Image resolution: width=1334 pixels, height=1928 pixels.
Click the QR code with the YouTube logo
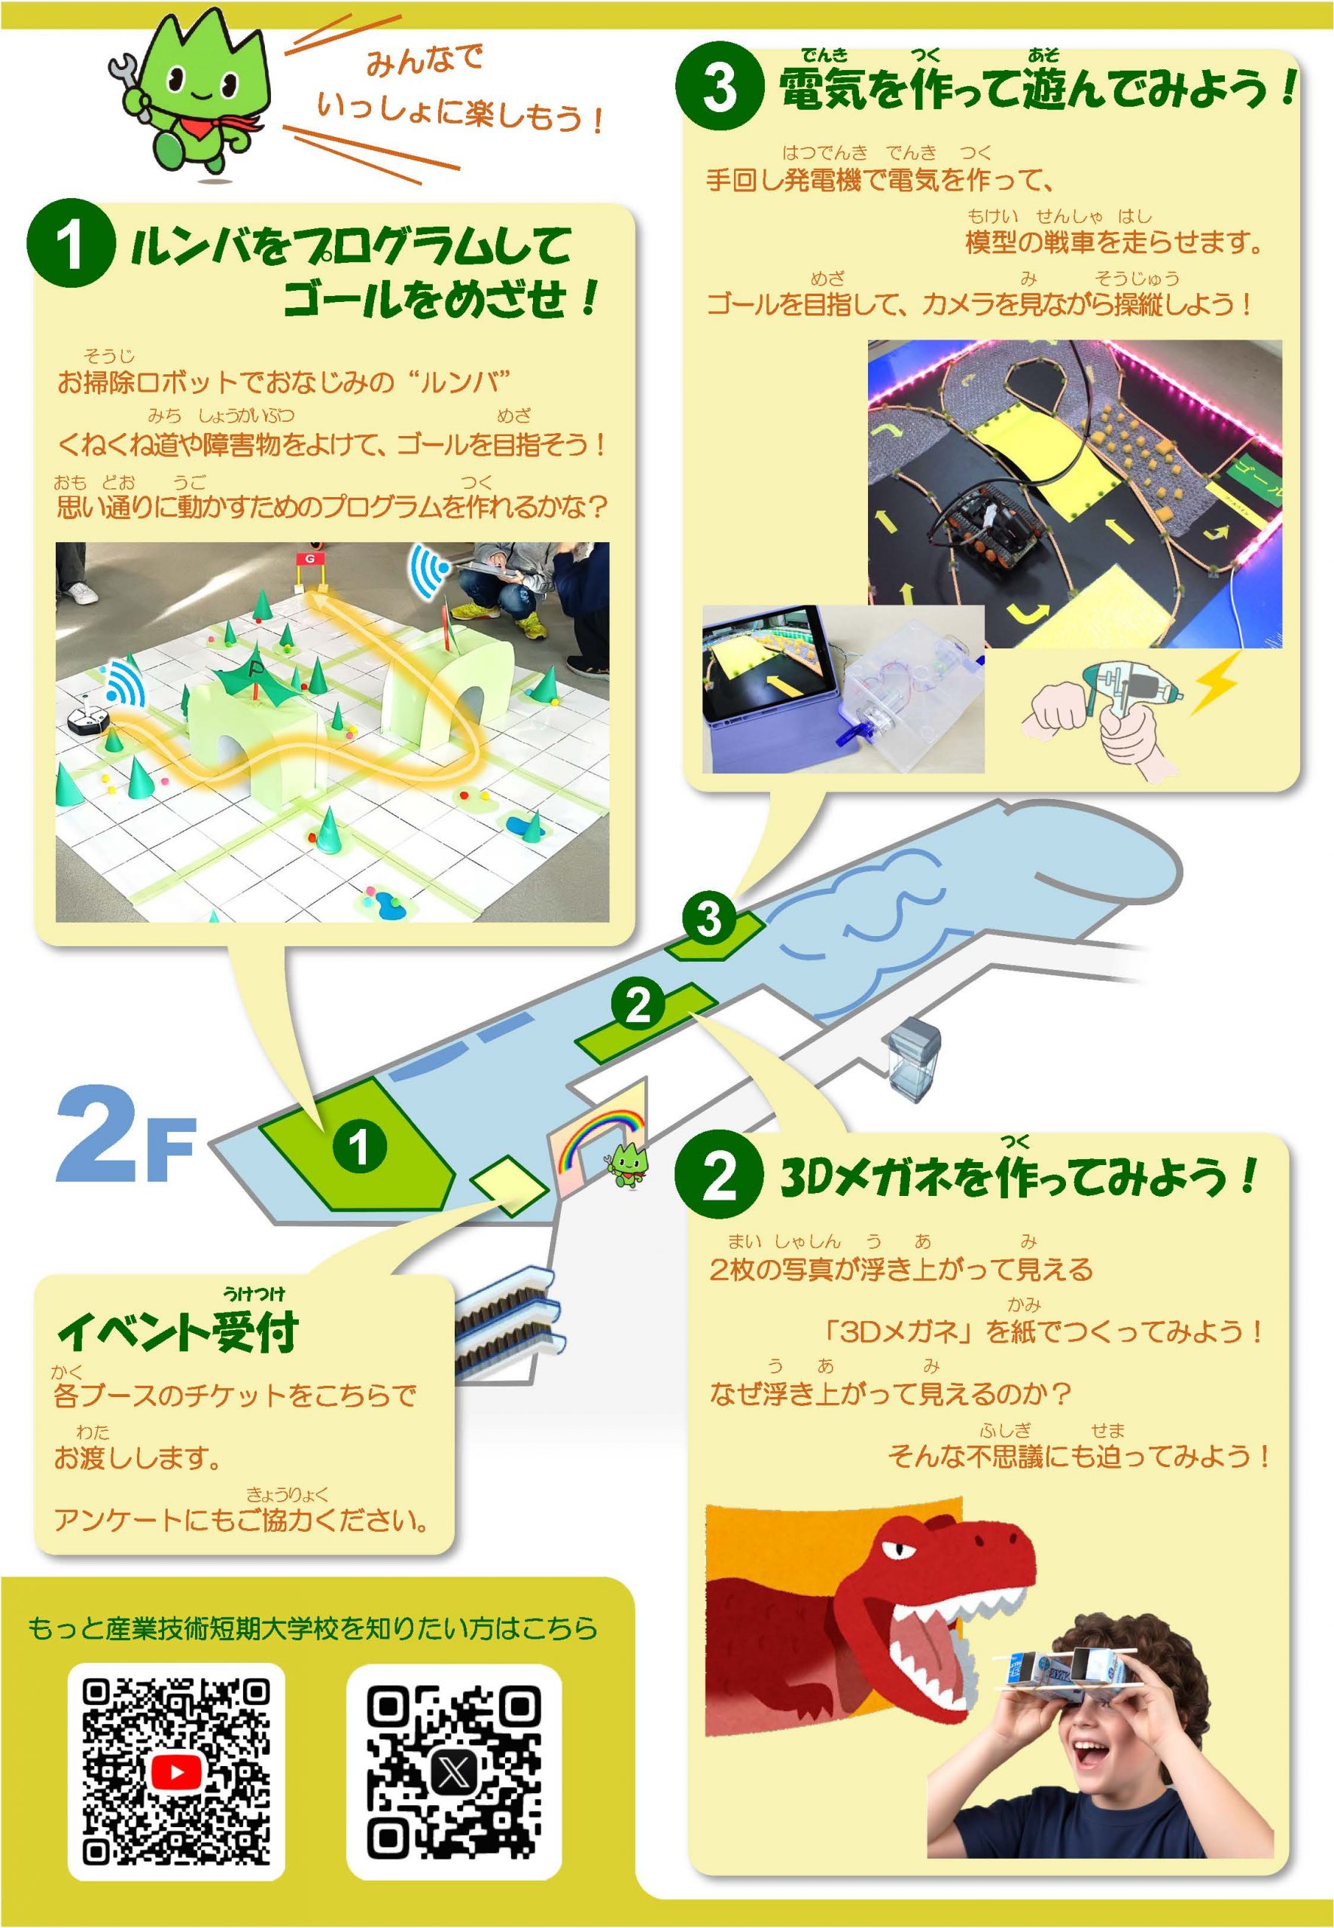pyautogui.click(x=176, y=1774)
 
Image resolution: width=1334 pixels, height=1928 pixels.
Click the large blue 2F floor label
pyautogui.click(x=126, y=1134)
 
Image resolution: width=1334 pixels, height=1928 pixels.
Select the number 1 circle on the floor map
pyautogui.click(x=359, y=1146)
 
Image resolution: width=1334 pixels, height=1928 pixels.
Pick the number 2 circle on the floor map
pyautogui.click(x=638, y=1006)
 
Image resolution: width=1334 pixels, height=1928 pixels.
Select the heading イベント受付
pyautogui.click(x=177, y=1331)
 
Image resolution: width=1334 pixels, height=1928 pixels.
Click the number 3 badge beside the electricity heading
pyautogui.click(x=720, y=86)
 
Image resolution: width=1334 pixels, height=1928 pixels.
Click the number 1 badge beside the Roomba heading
pyautogui.click(x=70, y=243)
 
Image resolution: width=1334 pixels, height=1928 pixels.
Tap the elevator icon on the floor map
pyautogui.click(x=915, y=1058)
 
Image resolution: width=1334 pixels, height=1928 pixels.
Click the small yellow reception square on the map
pyautogui.click(x=510, y=1185)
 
